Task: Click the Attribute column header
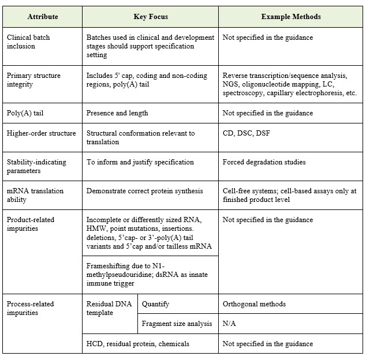(x=42, y=17)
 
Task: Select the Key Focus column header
(x=150, y=17)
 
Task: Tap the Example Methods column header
(x=290, y=17)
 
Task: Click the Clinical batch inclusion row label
(x=29, y=42)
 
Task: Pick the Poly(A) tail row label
(x=26, y=113)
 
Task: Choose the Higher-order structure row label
(x=41, y=133)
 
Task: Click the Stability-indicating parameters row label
(x=33, y=166)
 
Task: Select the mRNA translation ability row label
(x=35, y=195)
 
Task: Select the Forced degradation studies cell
(x=264, y=162)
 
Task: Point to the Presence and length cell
(x=117, y=113)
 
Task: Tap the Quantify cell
(x=156, y=303)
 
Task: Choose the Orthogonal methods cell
(x=254, y=303)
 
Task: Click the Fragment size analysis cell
(x=177, y=324)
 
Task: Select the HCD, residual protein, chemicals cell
(x=137, y=344)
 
